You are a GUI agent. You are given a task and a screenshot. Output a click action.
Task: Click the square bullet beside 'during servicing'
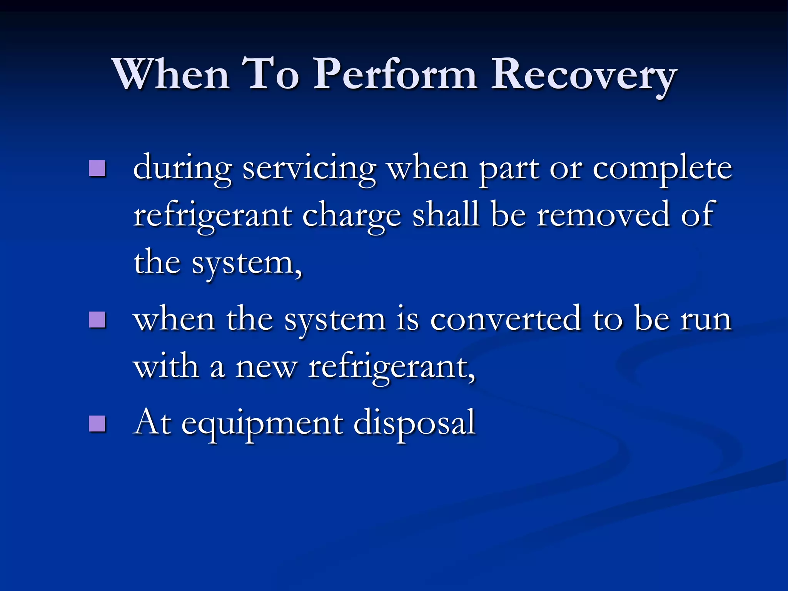(x=97, y=168)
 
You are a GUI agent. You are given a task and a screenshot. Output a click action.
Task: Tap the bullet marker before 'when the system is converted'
(x=97, y=319)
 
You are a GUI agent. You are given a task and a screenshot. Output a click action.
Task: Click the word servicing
(x=309, y=169)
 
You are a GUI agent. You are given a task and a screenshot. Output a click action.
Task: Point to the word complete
(x=662, y=169)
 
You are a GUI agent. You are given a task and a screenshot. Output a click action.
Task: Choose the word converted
(x=506, y=319)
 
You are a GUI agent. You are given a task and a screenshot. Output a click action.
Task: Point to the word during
(x=182, y=169)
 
